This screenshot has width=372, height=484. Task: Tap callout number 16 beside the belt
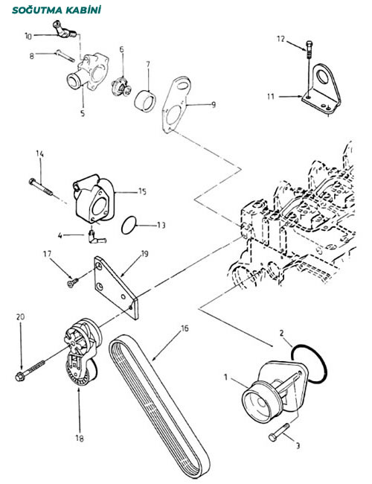point(185,328)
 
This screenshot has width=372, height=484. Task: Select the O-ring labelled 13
point(129,225)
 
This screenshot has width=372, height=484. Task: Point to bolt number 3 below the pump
point(279,432)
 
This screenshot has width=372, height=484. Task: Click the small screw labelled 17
point(73,282)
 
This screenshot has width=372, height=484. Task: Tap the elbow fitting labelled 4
point(96,236)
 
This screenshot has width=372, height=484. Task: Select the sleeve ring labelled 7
point(145,100)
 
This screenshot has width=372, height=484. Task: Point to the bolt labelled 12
point(310,49)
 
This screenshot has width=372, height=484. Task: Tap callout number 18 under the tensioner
point(80,439)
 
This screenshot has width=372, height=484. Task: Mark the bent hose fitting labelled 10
point(65,30)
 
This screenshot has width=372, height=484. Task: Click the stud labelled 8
point(65,56)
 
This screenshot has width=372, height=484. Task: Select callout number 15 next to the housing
point(142,191)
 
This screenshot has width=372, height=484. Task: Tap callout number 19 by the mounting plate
point(144,254)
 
